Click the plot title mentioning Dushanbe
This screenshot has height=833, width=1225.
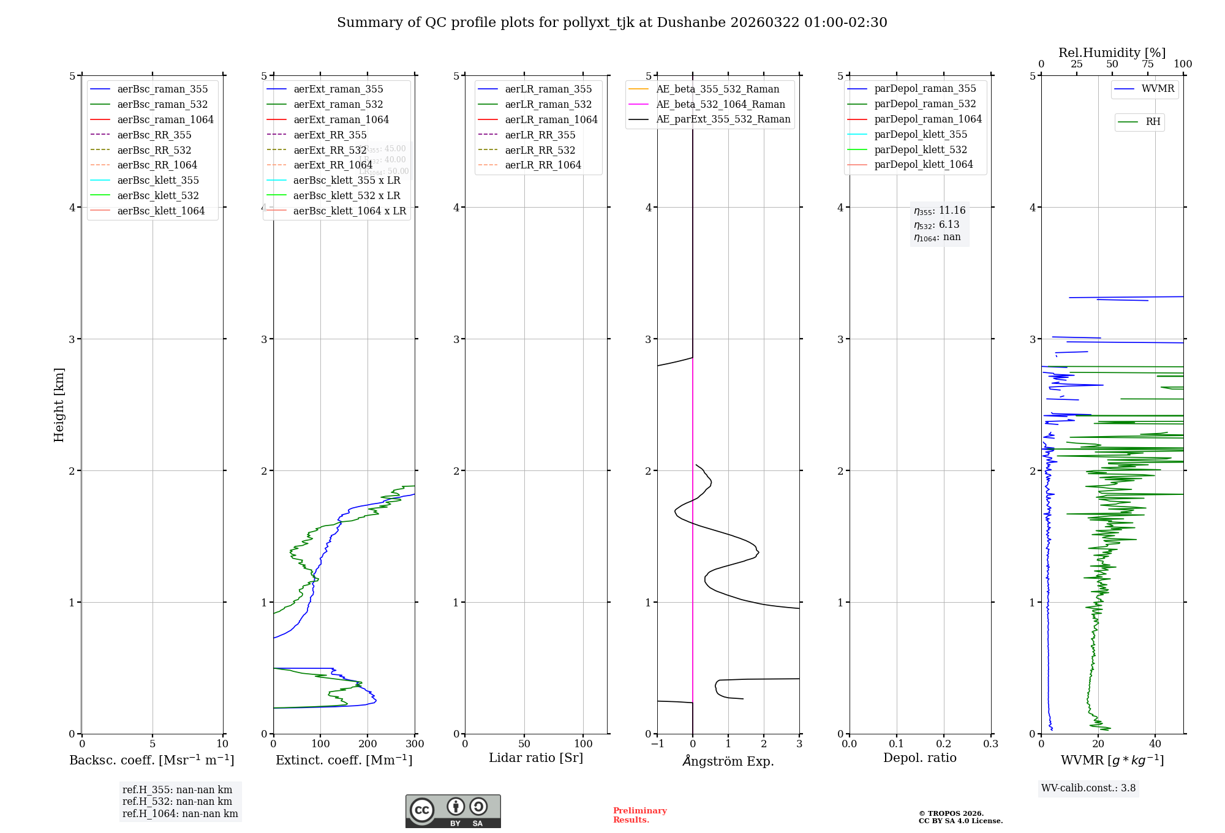pyautogui.click(x=612, y=23)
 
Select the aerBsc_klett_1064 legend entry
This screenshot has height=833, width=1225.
pyautogui.click(x=160, y=211)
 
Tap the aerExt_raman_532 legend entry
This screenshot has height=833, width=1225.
pyautogui.click(x=338, y=104)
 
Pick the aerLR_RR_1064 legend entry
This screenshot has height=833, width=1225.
pyautogui.click(x=543, y=165)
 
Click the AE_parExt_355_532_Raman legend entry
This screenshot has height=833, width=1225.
pyautogui.click(x=723, y=119)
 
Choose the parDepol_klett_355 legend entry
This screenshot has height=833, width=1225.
pyautogui.click(x=921, y=134)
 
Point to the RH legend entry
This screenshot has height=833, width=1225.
pyautogui.click(x=1153, y=122)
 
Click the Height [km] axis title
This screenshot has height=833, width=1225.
pyautogui.click(x=59, y=405)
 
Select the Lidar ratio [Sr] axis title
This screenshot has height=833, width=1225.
pyautogui.click(x=536, y=758)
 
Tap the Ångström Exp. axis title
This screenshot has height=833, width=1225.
pyautogui.click(x=728, y=761)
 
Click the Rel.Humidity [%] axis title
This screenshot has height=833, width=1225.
pyautogui.click(x=1112, y=53)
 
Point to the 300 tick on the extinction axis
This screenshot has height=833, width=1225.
pyautogui.click(x=415, y=744)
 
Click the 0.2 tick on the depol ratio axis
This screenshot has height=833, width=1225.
pyautogui.click(x=944, y=744)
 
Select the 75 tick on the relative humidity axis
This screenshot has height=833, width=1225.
pyautogui.click(x=1147, y=64)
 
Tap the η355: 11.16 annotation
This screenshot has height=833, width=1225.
pyautogui.click(x=940, y=211)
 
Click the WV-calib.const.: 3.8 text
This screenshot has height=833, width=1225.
pyautogui.click(x=1088, y=788)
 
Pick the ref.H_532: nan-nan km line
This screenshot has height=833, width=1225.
pyautogui.click(x=177, y=801)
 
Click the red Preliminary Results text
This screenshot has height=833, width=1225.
pyautogui.click(x=639, y=815)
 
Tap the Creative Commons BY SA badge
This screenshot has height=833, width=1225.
pyautogui.click(x=453, y=811)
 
